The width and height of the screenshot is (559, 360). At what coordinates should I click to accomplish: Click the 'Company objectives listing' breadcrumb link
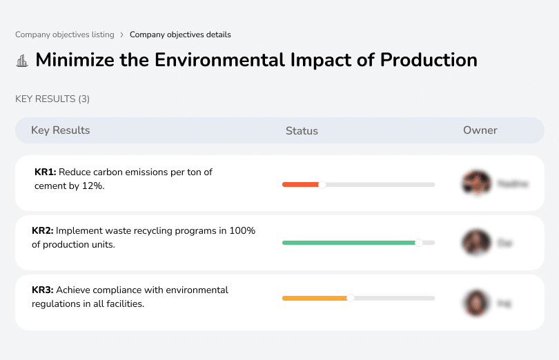click(x=65, y=34)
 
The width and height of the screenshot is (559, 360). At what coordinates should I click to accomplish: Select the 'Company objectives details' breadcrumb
click(x=180, y=34)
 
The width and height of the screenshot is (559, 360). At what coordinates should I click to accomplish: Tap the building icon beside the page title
click(x=22, y=61)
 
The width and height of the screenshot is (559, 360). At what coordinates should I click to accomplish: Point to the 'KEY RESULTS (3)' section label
click(x=52, y=99)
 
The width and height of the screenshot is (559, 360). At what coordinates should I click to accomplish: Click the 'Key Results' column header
click(x=60, y=130)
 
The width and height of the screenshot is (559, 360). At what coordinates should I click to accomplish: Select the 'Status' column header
click(x=302, y=130)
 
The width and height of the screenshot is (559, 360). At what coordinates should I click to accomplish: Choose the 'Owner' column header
click(x=480, y=130)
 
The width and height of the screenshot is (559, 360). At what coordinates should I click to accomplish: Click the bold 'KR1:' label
click(x=46, y=172)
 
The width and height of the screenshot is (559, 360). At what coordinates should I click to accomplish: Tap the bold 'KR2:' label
click(x=43, y=231)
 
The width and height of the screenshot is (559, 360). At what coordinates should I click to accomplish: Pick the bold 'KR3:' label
click(x=43, y=290)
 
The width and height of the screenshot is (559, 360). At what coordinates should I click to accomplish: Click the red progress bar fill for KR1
click(x=300, y=184)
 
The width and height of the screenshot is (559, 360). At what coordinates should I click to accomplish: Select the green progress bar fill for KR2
click(x=349, y=243)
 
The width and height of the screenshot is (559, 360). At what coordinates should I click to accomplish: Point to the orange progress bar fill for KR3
click(x=315, y=298)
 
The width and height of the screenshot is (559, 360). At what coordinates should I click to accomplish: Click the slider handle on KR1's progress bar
click(x=322, y=184)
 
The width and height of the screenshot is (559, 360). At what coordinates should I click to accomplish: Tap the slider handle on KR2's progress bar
click(x=418, y=243)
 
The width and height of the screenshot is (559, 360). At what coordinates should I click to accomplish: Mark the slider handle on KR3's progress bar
click(x=351, y=298)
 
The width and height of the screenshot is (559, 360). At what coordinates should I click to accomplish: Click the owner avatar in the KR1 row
click(x=475, y=183)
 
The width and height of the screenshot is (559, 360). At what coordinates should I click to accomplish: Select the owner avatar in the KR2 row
click(x=475, y=243)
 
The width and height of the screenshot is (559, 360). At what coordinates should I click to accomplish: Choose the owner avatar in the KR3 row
click(x=475, y=302)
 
